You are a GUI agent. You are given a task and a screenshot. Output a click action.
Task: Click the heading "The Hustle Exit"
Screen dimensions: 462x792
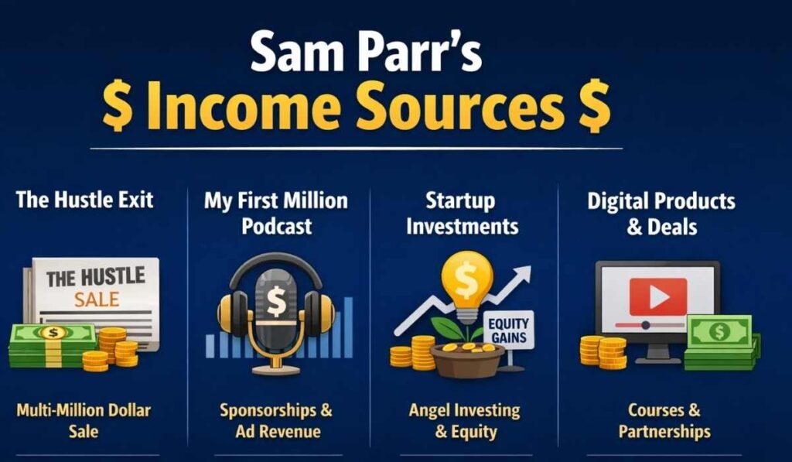click(x=85, y=200)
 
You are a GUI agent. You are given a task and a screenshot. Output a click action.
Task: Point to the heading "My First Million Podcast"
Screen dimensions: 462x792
click(x=276, y=213)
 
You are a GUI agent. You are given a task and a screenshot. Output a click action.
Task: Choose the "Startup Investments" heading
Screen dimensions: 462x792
click(x=463, y=213)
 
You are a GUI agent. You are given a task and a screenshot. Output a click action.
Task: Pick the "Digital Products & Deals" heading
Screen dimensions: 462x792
click(x=661, y=214)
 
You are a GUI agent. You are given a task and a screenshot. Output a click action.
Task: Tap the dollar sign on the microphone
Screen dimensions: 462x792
click(x=276, y=302)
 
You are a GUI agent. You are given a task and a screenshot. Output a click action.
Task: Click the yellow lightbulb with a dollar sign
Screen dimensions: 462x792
click(x=466, y=279)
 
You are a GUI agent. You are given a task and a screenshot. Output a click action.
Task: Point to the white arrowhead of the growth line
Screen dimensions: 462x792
click(x=524, y=274)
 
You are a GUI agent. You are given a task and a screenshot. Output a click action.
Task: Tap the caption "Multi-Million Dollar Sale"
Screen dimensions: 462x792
click(x=83, y=420)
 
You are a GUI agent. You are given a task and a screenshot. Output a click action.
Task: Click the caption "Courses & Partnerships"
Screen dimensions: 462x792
click(x=664, y=420)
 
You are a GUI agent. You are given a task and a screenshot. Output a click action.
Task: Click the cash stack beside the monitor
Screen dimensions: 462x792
click(x=719, y=341)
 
